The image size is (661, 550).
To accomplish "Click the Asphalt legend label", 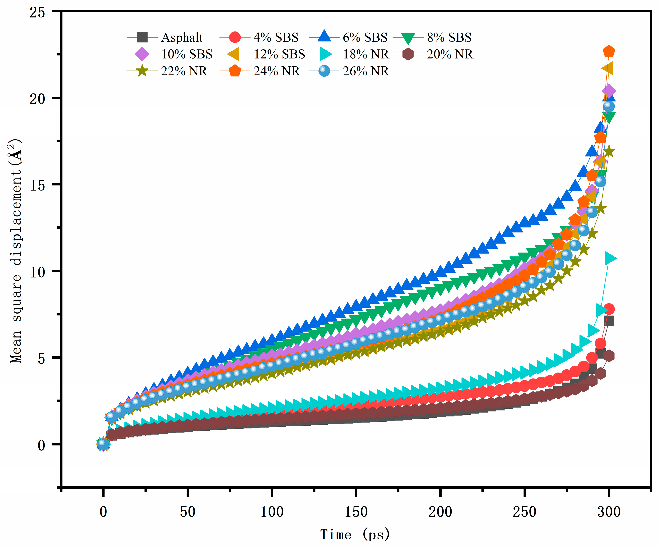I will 182,38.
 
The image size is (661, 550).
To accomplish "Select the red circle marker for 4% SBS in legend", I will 235,37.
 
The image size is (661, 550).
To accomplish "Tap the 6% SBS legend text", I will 365,38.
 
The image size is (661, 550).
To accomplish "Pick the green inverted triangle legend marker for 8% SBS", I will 408,38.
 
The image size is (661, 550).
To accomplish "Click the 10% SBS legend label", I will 187,54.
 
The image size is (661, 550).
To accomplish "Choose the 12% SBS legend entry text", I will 279,54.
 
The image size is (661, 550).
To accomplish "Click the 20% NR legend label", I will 450,54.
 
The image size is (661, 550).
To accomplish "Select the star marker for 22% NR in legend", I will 142,71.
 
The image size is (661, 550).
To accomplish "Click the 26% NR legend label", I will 366,71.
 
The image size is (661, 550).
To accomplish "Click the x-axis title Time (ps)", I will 355,535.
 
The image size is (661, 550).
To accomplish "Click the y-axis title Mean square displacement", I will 16,252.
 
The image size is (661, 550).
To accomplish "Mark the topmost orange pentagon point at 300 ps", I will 609,51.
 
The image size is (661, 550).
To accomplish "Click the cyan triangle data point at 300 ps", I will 610,258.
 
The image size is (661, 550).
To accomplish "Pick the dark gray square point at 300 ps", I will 609,321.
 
